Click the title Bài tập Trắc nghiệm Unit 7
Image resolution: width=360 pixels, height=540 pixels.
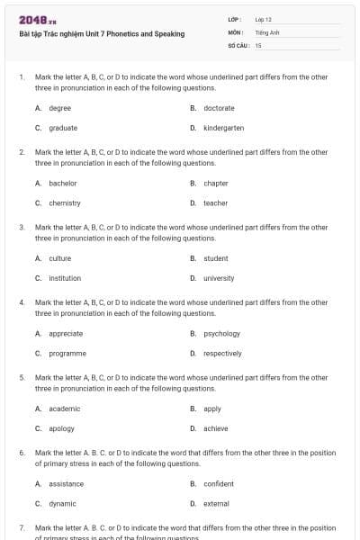point(102,34)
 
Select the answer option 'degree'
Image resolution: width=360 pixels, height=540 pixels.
point(59,108)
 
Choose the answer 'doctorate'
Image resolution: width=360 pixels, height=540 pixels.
point(219,108)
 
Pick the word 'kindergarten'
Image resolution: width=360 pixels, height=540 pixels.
point(223,128)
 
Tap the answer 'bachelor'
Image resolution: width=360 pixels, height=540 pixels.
point(63,184)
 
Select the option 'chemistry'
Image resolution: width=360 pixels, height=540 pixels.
point(65,203)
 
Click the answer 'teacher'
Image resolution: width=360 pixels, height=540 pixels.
point(215,203)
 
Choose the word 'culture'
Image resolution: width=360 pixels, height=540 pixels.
point(59,258)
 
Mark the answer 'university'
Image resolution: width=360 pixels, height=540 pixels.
point(219,278)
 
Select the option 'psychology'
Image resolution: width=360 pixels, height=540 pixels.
point(221,334)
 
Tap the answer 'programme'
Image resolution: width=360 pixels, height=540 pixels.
point(67,354)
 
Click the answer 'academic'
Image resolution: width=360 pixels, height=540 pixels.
point(65,409)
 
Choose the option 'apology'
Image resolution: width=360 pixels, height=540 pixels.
point(61,428)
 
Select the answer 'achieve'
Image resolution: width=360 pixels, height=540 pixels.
point(215,428)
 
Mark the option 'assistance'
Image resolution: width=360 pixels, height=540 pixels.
point(67,484)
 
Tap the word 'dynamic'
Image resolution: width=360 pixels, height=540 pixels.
point(62,504)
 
